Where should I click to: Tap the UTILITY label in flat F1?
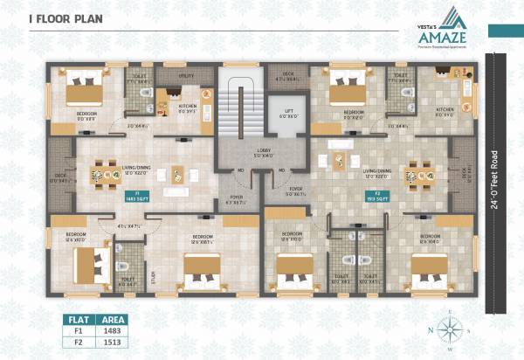(x=186, y=76)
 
